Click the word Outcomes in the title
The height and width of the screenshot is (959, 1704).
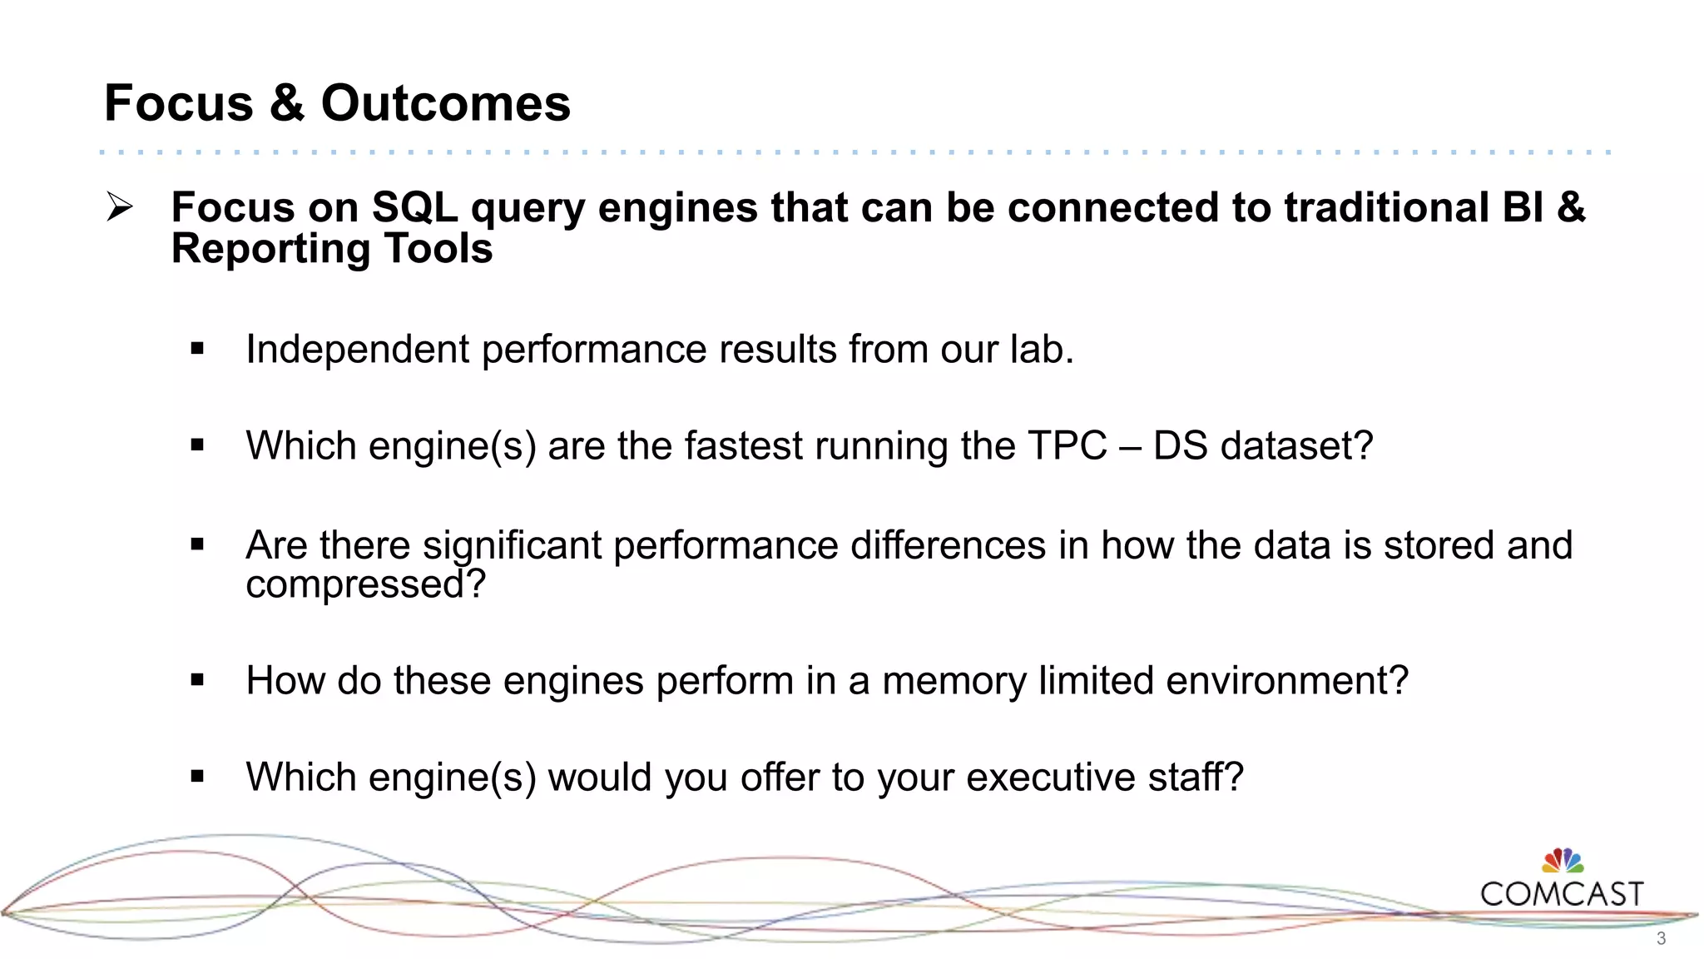(445, 103)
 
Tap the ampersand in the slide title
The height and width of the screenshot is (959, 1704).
(287, 103)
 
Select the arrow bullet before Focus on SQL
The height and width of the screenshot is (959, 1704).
(120, 206)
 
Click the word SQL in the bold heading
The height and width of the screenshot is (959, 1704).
(414, 207)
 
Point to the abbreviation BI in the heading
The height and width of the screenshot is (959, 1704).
(1523, 207)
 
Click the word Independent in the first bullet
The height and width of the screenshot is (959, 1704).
(357, 350)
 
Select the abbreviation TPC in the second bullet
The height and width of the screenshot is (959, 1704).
(1067, 445)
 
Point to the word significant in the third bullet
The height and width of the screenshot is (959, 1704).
(512, 546)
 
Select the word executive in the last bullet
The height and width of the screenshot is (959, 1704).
(1051, 778)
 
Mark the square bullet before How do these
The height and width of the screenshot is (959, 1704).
(197, 681)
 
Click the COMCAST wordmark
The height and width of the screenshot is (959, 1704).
(1562, 894)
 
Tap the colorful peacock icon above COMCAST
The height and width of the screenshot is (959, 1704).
(1563, 861)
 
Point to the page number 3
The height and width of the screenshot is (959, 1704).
(1661, 939)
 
